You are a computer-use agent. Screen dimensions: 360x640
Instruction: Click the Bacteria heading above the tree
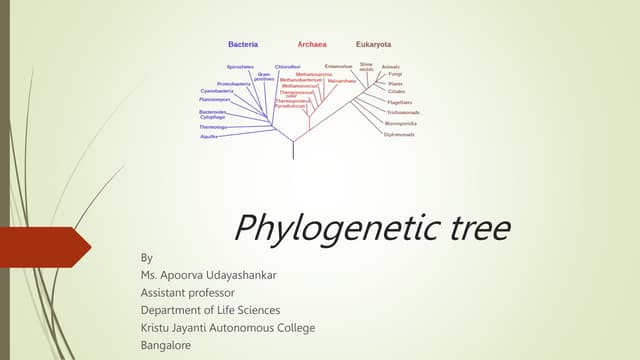click(243, 45)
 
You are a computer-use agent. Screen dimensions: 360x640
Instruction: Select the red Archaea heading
click(312, 45)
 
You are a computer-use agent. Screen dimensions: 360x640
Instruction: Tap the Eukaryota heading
click(373, 45)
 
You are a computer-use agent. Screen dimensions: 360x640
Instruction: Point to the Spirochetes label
click(240, 67)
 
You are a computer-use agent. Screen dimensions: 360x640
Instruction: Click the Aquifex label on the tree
click(209, 137)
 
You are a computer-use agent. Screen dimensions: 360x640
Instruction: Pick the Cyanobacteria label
click(219, 91)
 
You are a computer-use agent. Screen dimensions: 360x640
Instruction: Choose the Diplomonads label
click(398, 134)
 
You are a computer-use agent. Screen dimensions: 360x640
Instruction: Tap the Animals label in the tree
click(391, 67)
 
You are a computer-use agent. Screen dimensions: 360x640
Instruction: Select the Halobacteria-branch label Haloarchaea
click(341, 80)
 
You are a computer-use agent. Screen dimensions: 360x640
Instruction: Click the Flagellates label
click(400, 102)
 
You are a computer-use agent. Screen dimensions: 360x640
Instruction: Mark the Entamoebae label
click(338, 66)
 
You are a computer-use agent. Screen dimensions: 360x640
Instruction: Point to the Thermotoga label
click(213, 127)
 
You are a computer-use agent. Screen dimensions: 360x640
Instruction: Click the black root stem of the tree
click(292, 150)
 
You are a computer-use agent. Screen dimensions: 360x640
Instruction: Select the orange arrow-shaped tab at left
click(45, 247)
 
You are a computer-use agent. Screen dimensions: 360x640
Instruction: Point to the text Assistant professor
click(189, 292)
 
